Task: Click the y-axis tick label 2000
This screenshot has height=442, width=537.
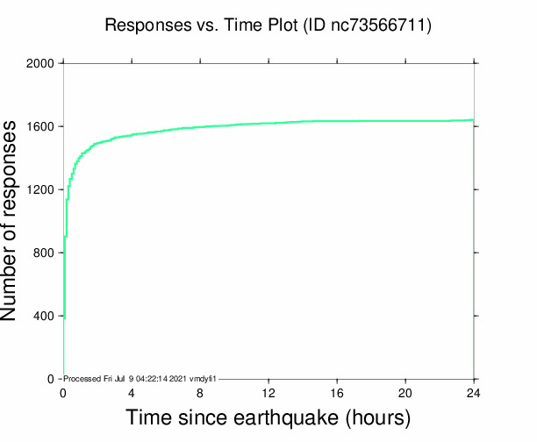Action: coord(40,63)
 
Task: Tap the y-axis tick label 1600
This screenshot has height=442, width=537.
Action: coord(40,126)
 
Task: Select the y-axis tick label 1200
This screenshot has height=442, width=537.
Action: coord(40,189)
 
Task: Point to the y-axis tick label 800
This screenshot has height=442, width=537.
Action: coord(44,253)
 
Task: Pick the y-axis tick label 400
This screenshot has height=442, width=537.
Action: coord(44,316)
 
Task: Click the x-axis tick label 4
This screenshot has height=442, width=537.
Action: coord(132,393)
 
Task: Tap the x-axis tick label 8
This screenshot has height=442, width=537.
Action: coord(200,393)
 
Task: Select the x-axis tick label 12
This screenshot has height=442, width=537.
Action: coord(268,393)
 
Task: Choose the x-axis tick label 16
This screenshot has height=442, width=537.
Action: coord(337,393)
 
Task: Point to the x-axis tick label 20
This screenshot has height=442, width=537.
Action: coord(405,393)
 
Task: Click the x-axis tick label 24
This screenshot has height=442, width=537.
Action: coord(474,393)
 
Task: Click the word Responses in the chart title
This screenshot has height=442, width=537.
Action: coord(143,25)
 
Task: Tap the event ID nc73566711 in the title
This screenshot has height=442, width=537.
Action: coord(378,25)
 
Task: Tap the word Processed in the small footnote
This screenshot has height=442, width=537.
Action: coord(83,378)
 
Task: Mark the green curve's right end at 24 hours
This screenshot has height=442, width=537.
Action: coord(474,120)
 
